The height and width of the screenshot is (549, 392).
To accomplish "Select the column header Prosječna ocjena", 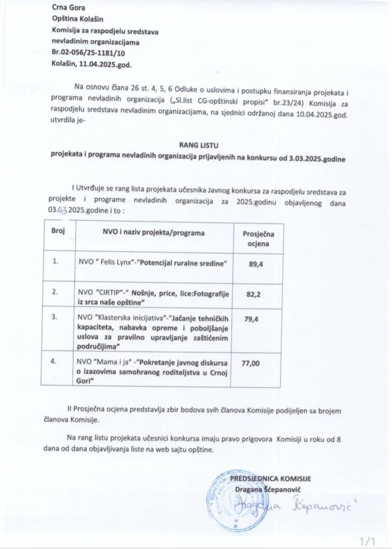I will (259, 239).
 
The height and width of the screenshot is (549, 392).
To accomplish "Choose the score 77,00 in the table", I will (251, 363).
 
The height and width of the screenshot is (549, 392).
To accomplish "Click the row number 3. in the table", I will (55, 317).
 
